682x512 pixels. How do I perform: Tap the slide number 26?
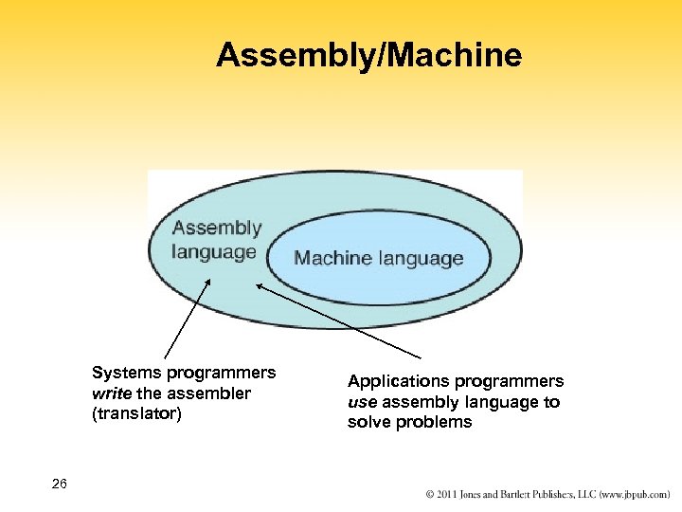(60, 485)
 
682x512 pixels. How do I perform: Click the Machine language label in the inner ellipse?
(379, 258)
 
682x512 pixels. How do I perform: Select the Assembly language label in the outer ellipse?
(216, 239)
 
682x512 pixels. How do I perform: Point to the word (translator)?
(136, 413)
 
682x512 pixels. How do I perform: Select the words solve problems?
(409, 423)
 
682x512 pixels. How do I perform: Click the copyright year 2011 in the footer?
(449, 495)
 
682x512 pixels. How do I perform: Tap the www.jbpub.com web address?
(632, 495)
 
